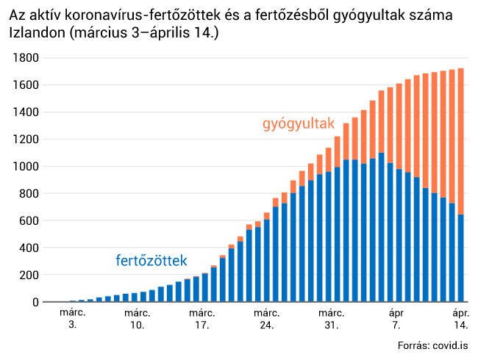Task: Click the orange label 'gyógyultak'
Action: pyautogui.click(x=299, y=123)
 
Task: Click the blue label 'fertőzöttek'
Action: pyautogui.click(x=151, y=261)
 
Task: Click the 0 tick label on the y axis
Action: pyautogui.click(x=35, y=303)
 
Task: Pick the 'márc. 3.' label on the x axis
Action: pyautogui.click(x=73, y=318)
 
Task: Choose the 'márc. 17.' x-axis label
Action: pyautogui.click(x=202, y=318)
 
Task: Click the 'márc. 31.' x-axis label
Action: pyautogui.click(x=332, y=318)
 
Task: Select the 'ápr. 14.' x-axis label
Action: pyautogui.click(x=461, y=318)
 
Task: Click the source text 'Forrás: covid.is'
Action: pyautogui.click(x=432, y=345)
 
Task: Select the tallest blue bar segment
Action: pyautogui.click(x=381, y=227)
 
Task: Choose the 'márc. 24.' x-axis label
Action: pyautogui.click(x=267, y=318)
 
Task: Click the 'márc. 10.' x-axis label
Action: pyautogui.click(x=138, y=318)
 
